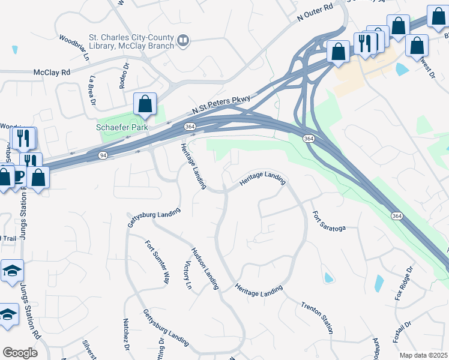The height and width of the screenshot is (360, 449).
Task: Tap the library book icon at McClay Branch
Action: point(183,41)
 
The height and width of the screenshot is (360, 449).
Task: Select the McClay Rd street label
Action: point(52,72)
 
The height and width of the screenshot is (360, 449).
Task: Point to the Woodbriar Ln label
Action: point(74,49)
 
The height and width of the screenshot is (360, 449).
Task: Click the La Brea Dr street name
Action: point(92,89)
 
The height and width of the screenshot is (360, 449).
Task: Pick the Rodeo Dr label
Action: point(124,76)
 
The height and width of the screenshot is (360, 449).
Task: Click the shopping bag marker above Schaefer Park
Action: point(145,104)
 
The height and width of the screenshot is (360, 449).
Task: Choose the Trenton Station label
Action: point(317,317)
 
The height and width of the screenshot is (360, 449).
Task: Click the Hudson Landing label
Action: point(204,269)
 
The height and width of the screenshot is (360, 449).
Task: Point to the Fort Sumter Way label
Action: point(157,262)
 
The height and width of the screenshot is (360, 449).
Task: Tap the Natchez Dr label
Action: point(127,334)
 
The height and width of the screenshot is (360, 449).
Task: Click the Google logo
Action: point(20,353)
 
